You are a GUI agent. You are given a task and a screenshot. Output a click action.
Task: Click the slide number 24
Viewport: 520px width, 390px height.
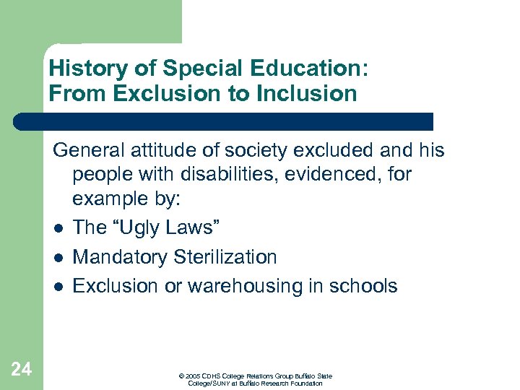pos(22,370)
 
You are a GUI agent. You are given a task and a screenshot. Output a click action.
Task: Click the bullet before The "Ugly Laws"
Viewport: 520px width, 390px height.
pos(57,228)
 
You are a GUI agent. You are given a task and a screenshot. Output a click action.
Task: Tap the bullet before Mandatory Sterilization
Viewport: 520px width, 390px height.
pos(57,257)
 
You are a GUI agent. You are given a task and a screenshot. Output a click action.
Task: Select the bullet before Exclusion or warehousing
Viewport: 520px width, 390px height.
pos(57,286)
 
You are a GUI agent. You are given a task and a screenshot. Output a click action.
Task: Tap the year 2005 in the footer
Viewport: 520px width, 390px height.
pos(192,376)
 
